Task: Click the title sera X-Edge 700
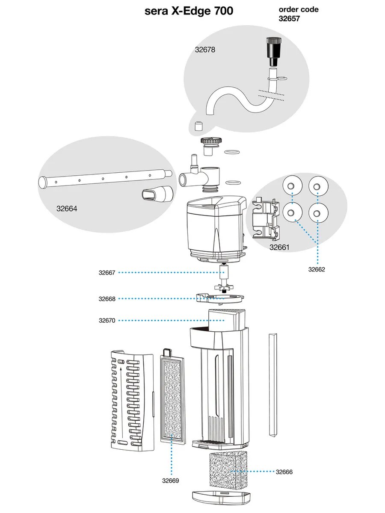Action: click(190, 11)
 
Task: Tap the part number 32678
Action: click(205, 50)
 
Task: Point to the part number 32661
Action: click(279, 247)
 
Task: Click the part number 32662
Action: click(317, 269)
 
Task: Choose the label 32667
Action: click(107, 273)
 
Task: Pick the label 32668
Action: click(107, 299)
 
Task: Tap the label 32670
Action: click(107, 320)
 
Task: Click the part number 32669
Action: click(170, 481)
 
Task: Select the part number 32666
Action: click(284, 472)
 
